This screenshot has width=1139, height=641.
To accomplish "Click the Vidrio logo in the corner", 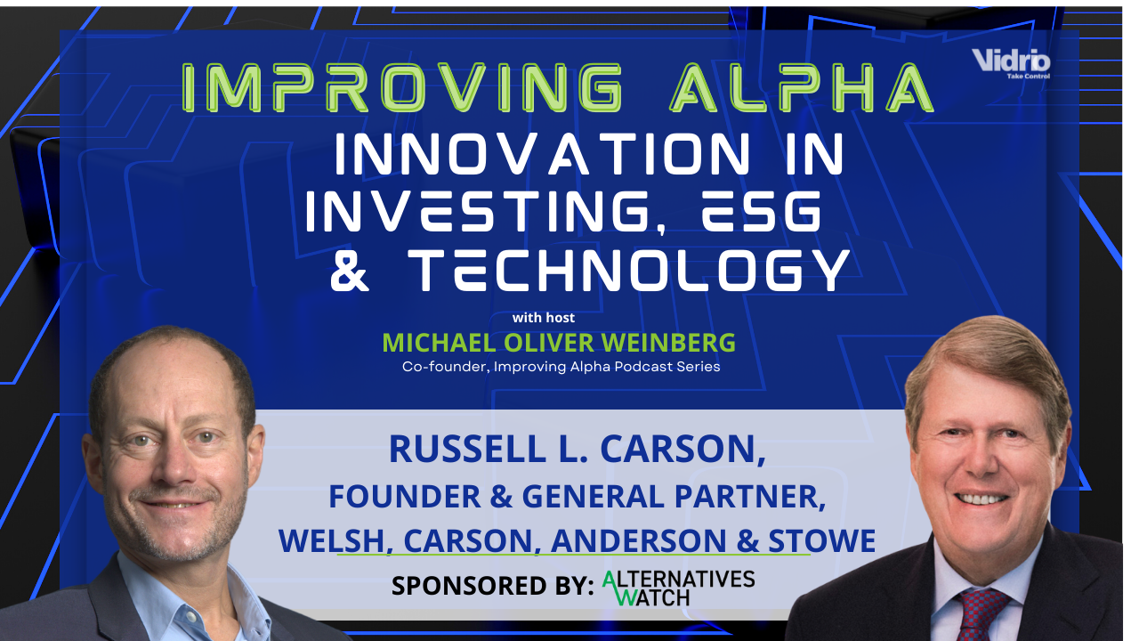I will (1011, 62).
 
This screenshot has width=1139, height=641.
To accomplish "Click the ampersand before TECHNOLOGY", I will (350, 270).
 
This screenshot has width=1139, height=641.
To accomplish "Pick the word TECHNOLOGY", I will (628, 270).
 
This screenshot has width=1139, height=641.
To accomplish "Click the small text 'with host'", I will (543, 317).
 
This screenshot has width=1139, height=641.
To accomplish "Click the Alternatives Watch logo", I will (678, 588).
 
